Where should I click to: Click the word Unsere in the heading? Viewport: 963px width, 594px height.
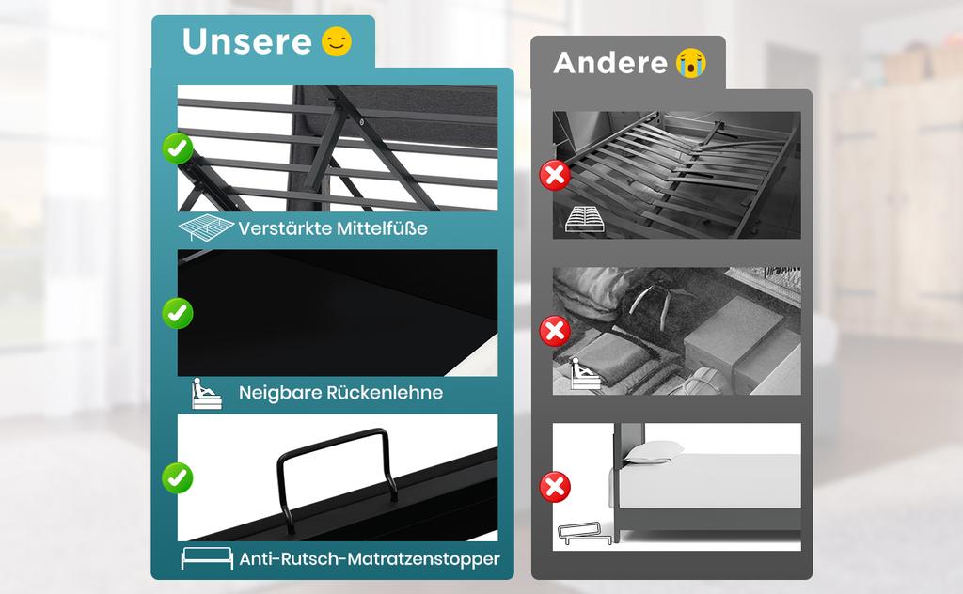click(247, 41)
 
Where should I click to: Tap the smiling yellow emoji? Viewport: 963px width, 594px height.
click(337, 41)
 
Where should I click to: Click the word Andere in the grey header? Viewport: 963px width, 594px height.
click(609, 63)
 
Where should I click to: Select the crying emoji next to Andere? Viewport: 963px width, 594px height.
click(691, 63)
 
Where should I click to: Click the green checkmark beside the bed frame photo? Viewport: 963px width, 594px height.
click(178, 148)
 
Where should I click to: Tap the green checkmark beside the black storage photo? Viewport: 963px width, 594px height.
click(178, 313)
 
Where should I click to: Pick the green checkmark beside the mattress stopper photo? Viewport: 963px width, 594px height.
click(178, 477)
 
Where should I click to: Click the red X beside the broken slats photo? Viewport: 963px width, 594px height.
click(555, 176)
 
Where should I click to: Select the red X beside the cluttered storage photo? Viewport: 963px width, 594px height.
click(555, 332)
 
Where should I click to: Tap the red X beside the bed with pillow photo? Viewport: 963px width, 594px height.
click(555, 487)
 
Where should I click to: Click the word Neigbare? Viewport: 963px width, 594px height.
click(279, 393)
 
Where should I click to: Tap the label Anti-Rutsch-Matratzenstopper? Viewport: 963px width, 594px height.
click(369, 559)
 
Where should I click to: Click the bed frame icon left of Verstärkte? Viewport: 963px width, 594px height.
click(206, 227)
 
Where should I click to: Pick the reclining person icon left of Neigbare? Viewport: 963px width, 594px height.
click(206, 394)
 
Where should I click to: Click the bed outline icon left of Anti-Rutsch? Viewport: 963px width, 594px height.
click(207, 557)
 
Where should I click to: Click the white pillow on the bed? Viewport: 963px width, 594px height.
click(655, 452)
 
